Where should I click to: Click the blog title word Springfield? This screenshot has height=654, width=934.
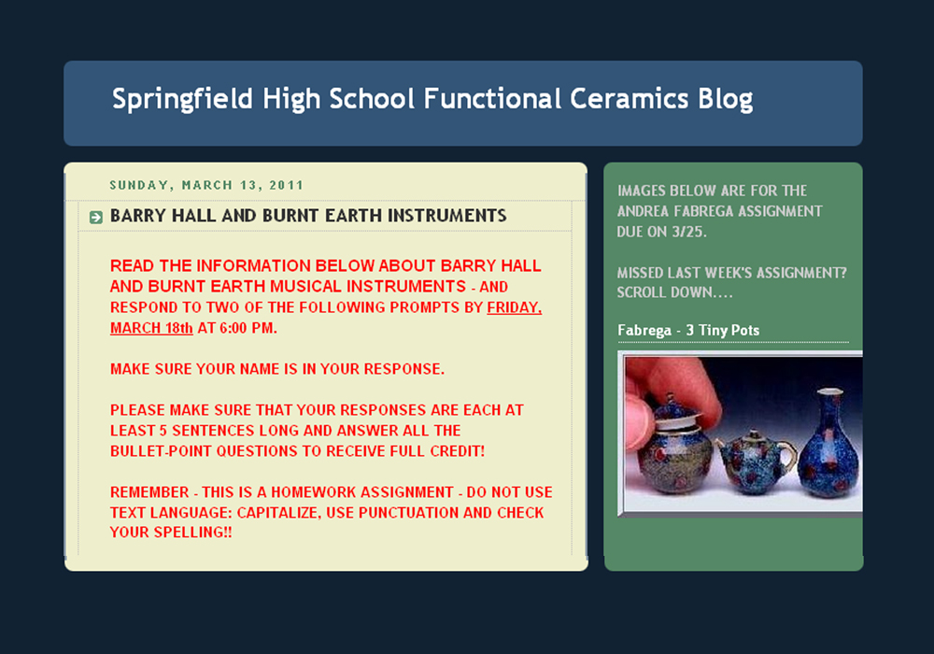[182, 99]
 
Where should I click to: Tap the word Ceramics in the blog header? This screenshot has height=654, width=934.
[629, 98]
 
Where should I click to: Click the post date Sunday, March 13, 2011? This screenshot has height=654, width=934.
[206, 185]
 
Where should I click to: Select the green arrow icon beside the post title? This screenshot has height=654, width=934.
[96, 218]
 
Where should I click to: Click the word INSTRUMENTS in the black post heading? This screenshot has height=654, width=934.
[446, 216]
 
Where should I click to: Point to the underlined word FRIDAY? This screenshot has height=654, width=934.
[514, 307]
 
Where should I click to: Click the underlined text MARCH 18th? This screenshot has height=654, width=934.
[151, 328]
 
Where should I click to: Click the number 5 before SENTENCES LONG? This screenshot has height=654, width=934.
[163, 431]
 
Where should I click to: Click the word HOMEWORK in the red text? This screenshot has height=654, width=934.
[313, 492]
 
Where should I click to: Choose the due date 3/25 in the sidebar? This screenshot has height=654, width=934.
[688, 232]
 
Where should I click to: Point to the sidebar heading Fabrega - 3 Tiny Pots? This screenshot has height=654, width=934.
[688, 331]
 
